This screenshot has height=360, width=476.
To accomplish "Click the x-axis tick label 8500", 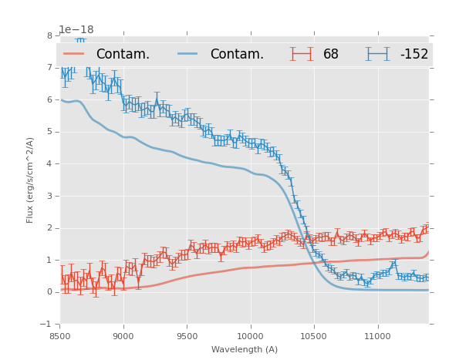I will pyautogui.click(x=60, y=336).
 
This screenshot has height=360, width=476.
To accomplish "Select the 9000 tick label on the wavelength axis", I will pyautogui.click(x=123, y=336).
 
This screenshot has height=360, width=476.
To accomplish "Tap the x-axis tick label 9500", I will pyautogui.click(x=187, y=336).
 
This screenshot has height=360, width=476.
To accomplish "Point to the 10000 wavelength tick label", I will pyautogui.click(x=250, y=336).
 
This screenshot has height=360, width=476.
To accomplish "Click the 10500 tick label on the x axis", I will pyautogui.click(x=314, y=336).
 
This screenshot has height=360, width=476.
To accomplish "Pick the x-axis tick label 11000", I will pyautogui.click(x=377, y=336).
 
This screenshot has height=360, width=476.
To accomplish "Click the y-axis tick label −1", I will pyautogui.click(x=47, y=325).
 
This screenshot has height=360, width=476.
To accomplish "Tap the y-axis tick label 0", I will pyautogui.click(x=49, y=292).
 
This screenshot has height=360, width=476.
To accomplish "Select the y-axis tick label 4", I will pyautogui.click(x=49, y=163).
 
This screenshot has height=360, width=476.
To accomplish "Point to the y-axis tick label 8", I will pyautogui.click(x=49, y=35).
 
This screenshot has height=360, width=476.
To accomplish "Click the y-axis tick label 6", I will pyautogui.click(x=49, y=99).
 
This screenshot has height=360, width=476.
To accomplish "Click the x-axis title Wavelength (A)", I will pyautogui.click(x=244, y=349).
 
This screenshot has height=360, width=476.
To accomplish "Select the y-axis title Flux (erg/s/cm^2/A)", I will pyautogui.click(x=31, y=180).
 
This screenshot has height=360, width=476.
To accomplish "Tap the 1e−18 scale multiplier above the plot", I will pyautogui.click(x=76, y=29).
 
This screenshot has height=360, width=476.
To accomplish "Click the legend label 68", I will pyautogui.click(x=331, y=54).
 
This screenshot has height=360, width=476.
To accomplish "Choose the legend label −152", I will pyautogui.click(x=414, y=54).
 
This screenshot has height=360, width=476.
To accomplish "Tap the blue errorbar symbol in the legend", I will pyautogui.click(x=378, y=54).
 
